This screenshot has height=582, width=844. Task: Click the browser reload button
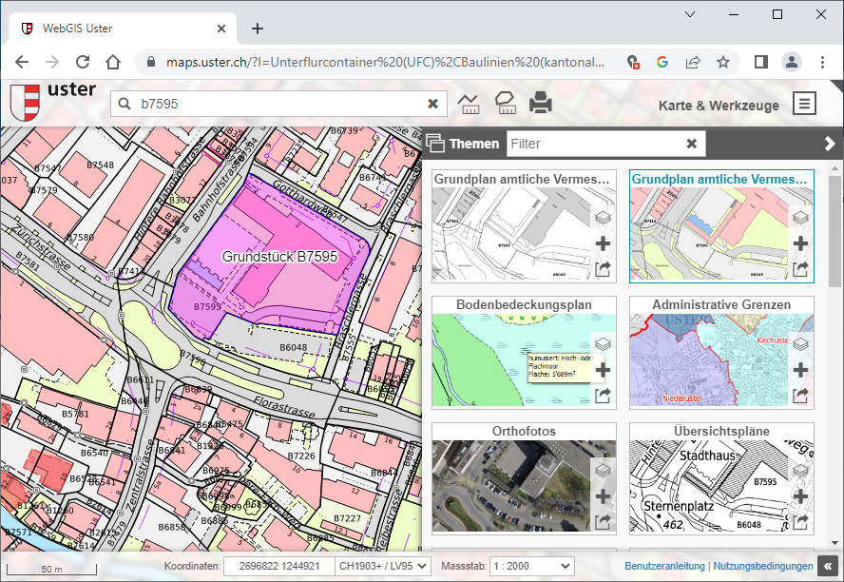(83, 62)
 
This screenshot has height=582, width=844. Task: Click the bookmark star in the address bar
(723, 62)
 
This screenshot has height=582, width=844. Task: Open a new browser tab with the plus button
(257, 29)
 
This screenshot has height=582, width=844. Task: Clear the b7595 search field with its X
(432, 104)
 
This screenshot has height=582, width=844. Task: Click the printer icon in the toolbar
(541, 103)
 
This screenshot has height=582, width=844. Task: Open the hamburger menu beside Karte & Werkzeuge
(805, 104)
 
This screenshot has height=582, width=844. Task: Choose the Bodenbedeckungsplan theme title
(524, 305)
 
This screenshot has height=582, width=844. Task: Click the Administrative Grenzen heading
(721, 305)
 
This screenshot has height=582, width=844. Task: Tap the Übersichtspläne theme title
(721, 431)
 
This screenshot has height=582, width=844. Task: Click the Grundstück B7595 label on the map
(279, 257)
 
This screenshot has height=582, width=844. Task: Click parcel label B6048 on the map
(293, 347)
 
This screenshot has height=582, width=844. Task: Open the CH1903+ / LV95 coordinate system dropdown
(384, 566)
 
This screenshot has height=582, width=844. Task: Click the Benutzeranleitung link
(664, 566)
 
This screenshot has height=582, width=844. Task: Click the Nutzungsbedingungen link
(763, 566)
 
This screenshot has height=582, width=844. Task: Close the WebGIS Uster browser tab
(221, 29)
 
